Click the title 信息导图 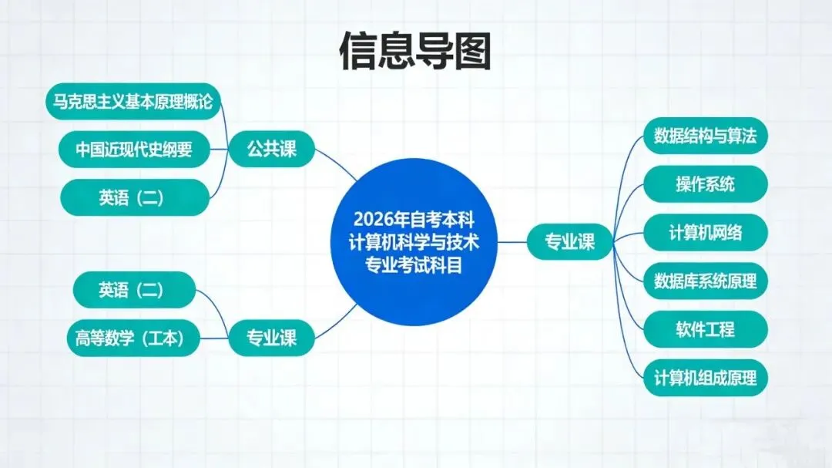tap(415, 51)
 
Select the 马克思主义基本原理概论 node tap(133, 102)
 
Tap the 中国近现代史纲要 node tap(134, 150)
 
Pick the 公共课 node tap(271, 149)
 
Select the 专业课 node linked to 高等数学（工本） tap(271, 337)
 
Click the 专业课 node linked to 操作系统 tap(570, 242)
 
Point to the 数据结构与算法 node tap(705, 136)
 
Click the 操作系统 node tap(705, 184)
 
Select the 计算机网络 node tap(705, 232)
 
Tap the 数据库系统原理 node tap(705, 281)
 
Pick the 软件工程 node tap(705, 329)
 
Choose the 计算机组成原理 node tap(705, 378)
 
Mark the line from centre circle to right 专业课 tap(512, 242)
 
